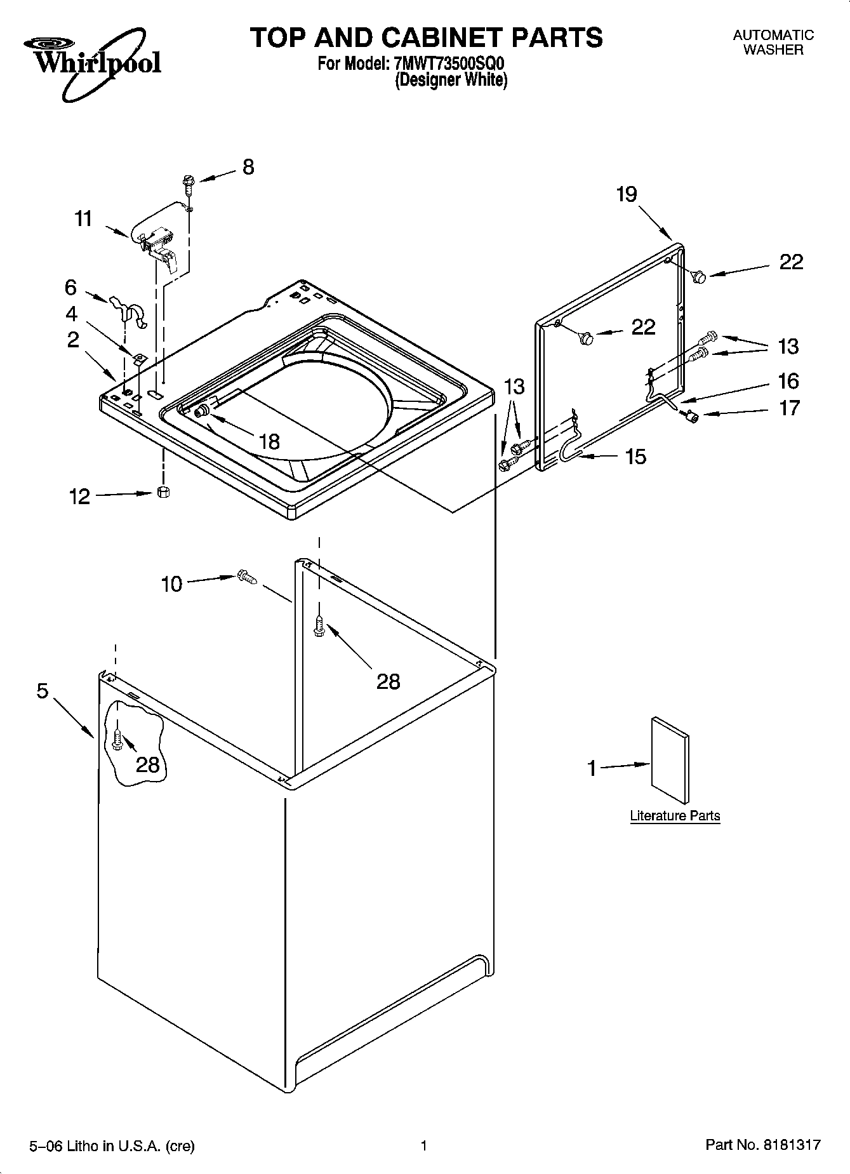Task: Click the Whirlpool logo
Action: click(x=93, y=60)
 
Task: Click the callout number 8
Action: click(x=248, y=167)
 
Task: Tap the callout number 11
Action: click(x=83, y=219)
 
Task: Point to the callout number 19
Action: click(x=627, y=194)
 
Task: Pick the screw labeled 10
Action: click(x=246, y=577)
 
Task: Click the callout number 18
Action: click(x=270, y=441)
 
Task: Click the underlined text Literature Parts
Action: click(x=675, y=816)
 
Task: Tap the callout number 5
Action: click(x=42, y=691)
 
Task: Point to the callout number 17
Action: click(x=789, y=408)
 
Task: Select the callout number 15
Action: click(x=635, y=456)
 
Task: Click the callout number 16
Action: click(x=788, y=381)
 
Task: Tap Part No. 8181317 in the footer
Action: click(x=762, y=1145)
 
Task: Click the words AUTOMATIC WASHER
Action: click(x=773, y=43)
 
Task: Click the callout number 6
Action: click(x=70, y=288)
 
